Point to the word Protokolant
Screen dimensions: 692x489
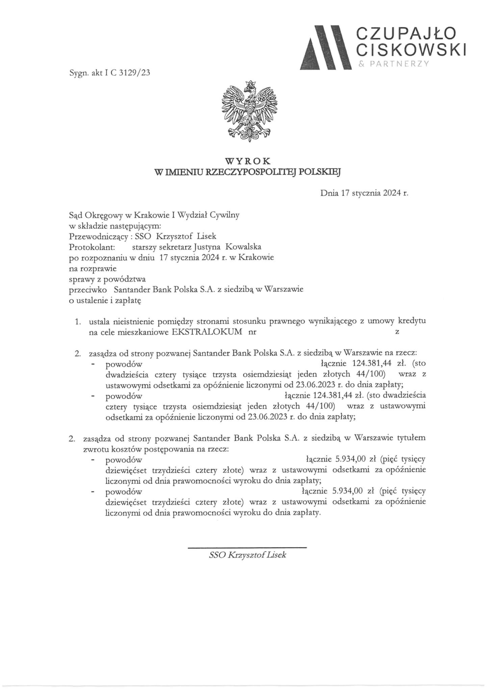[x=87, y=247]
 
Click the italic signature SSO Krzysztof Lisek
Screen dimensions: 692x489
[x=248, y=555]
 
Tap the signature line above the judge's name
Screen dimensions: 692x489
[x=247, y=547]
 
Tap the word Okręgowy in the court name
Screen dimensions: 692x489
[x=104, y=215]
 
